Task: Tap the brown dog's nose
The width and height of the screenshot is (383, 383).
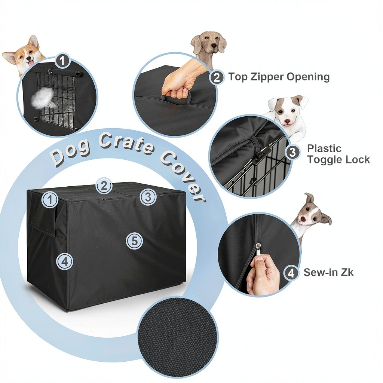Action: point(214,46)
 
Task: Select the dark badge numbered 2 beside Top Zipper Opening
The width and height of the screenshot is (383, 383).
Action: point(217,77)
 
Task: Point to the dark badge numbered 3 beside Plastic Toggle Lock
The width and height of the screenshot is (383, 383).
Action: point(292,153)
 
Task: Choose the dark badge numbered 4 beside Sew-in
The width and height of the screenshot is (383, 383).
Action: point(291,273)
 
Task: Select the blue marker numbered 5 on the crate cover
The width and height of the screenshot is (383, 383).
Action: point(134,241)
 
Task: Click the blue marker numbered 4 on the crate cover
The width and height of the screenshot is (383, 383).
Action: point(65,261)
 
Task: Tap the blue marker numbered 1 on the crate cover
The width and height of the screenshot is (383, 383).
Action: point(50,200)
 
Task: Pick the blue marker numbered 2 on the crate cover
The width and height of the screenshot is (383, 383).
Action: point(104,186)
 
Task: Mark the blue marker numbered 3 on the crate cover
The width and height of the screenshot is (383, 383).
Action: point(148,197)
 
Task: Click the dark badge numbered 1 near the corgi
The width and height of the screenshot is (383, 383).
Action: point(62,60)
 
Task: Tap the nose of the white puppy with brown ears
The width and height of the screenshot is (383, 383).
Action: point(287,121)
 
